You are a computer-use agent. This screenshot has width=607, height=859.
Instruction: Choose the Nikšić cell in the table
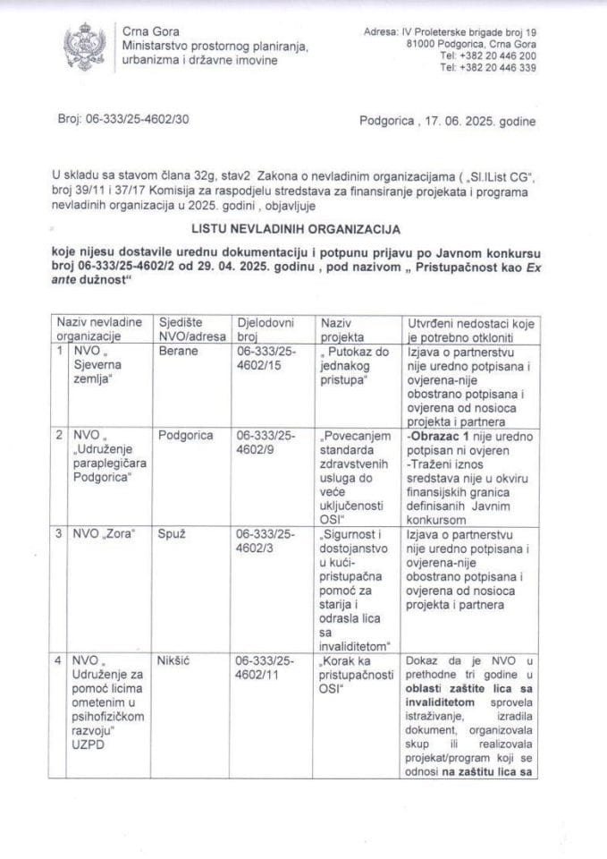[x=174, y=661]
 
